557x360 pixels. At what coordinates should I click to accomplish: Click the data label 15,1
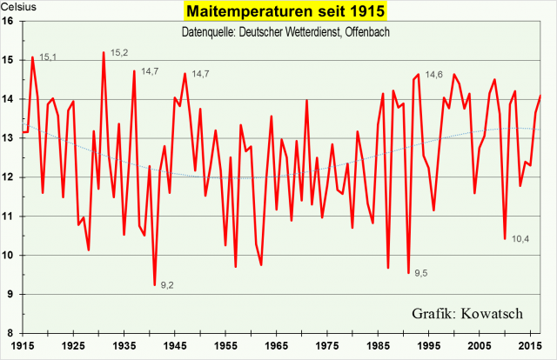click(48, 57)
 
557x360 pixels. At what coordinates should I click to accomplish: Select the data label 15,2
click(120, 54)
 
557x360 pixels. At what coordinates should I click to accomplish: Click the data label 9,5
click(420, 274)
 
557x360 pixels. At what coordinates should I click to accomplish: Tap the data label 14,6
click(434, 75)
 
